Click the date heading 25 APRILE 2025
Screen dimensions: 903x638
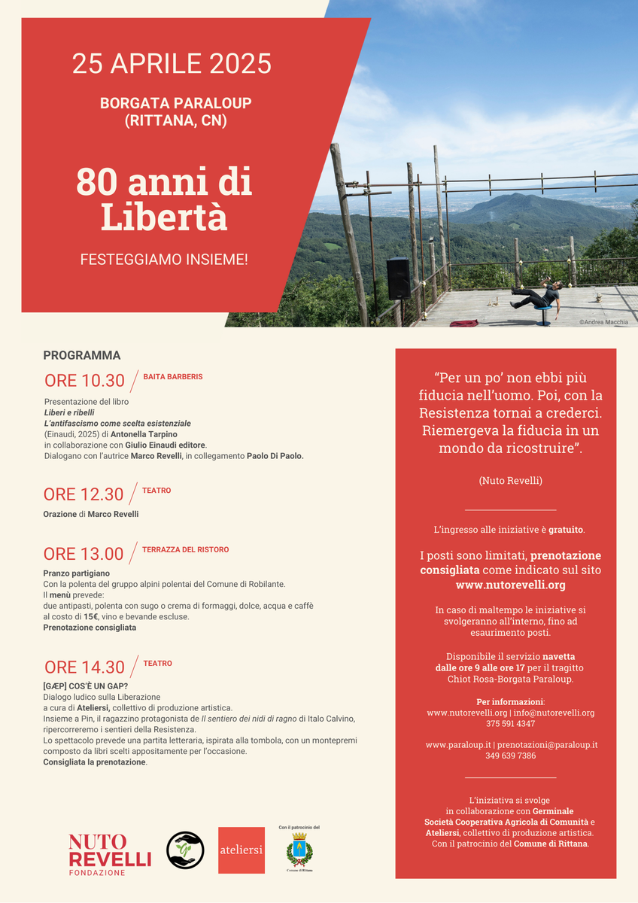tap(172, 63)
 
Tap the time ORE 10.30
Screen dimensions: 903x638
tap(84, 381)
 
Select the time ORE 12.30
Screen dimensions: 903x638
tap(84, 494)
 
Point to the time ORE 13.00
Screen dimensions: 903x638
tap(84, 555)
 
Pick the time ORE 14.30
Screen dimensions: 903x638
tap(84, 667)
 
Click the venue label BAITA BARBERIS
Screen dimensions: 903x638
tap(172, 376)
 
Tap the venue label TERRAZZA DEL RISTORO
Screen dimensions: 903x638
tap(185, 549)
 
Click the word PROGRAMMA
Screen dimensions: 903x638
tap(82, 355)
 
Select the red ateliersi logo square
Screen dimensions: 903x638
tap(242, 850)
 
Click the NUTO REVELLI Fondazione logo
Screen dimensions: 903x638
tap(110, 854)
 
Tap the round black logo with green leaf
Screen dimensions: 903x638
tap(185, 850)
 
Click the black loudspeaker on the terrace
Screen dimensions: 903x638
tap(398, 278)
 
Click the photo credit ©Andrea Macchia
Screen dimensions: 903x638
tap(603, 322)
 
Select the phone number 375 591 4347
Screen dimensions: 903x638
tap(510, 724)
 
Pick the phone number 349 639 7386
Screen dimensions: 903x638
tap(510, 756)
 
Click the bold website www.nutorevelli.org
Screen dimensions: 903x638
tap(510, 585)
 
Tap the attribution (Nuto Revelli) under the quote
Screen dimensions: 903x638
tap(510, 480)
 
